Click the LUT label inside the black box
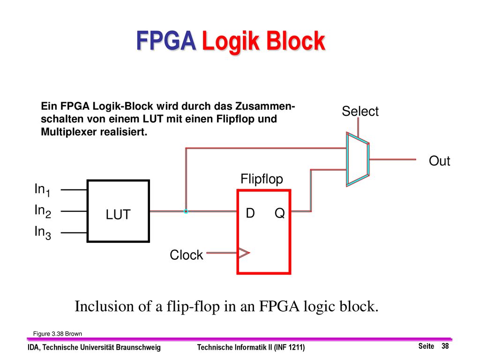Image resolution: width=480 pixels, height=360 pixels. (x=118, y=214)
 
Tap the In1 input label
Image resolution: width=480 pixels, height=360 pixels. (x=42, y=190)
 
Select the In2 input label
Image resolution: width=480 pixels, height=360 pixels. (x=43, y=211)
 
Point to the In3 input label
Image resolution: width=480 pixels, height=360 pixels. (x=43, y=232)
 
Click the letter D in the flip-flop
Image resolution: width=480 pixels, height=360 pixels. (x=250, y=213)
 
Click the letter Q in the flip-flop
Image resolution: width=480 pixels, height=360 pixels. (x=279, y=213)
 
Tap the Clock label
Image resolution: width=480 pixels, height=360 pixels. (x=186, y=255)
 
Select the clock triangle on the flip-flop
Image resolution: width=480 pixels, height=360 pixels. (x=244, y=253)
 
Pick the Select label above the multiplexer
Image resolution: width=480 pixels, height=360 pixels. (x=360, y=111)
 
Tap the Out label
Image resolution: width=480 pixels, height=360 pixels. (x=439, y=161)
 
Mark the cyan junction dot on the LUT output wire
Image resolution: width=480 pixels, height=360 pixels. (x=186, y=211)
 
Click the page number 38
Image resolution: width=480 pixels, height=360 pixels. (x=445, y=346)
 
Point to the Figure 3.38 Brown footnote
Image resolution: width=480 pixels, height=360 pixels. (x=58, y=334)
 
